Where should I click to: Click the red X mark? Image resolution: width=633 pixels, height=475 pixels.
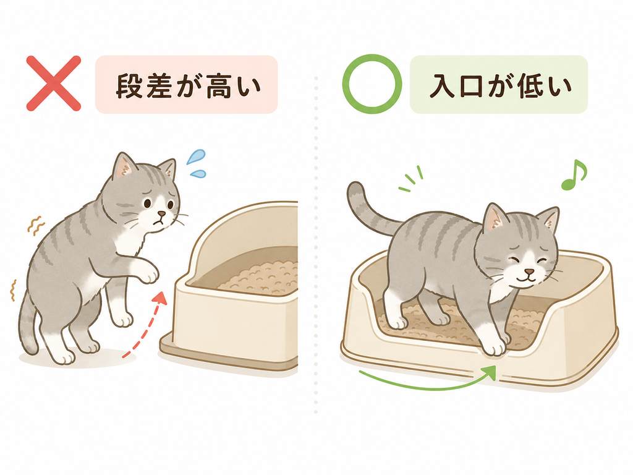click(53, 83)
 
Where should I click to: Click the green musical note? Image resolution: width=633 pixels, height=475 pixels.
click(573, 175)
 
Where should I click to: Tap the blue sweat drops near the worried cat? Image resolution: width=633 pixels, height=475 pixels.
click(197, 163)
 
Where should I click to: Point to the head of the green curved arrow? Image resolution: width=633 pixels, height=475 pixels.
click(490, 371)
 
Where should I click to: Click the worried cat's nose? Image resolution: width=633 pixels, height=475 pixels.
click(161, 213)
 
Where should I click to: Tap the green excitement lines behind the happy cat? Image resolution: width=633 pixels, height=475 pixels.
click(410, 179)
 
